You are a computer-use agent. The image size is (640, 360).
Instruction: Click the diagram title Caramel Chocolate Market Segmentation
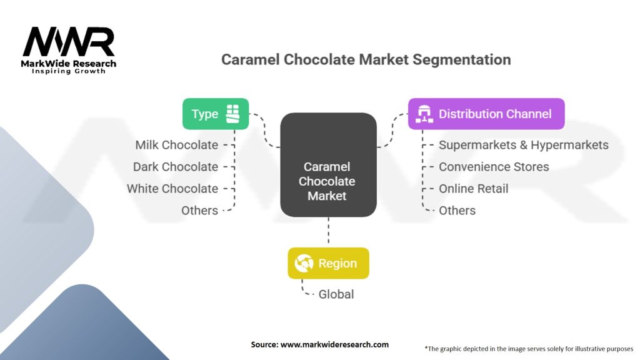click(366, 60)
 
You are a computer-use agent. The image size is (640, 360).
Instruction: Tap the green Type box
click(215, 114)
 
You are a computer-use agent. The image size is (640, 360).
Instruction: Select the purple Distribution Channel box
click(486, 114)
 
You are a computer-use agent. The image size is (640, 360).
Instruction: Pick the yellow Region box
click(328, 263)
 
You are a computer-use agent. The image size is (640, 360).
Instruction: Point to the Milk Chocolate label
click(177, 145)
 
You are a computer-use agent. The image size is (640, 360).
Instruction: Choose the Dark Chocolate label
click(176, 167)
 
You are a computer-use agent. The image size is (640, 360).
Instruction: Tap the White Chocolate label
click(172, 189)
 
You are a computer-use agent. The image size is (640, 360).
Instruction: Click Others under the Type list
click(199, 211)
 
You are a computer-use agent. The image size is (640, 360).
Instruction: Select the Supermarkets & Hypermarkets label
click(524, 145)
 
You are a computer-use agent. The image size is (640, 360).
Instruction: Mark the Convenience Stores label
click(494, 167)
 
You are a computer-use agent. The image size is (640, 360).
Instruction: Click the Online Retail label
click(474, 189)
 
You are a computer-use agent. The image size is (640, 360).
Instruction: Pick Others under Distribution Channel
click(457, 211)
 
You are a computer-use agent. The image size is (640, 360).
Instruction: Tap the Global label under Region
click(336, 294)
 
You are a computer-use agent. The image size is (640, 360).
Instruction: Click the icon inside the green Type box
click(232, 114)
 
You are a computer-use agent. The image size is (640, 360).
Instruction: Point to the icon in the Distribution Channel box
click(424, 114)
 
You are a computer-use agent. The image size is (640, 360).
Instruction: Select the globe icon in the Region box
click(304, 263)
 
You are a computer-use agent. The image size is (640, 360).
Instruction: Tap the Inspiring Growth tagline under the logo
click(69, 71)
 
